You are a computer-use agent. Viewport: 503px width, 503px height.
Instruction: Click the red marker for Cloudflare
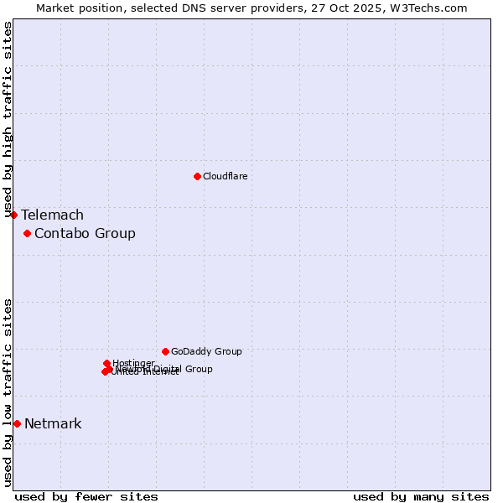coord(197,176)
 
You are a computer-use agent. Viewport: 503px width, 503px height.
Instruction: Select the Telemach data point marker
coord(13,215)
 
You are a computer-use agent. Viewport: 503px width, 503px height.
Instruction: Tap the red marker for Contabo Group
coord(27,233)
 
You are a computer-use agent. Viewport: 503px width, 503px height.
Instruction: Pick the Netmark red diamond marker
coord(17,423)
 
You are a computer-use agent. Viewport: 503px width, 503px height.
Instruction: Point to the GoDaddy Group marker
coord(165,351)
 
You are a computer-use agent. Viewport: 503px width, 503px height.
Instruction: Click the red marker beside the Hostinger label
coord(106,363)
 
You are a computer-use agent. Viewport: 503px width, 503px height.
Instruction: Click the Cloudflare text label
coord(225,176)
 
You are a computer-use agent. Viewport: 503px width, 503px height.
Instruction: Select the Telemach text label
coord(52,215)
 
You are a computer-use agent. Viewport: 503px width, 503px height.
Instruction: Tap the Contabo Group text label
coord(85,234)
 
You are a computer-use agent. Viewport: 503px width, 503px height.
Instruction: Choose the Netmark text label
coord(53,424)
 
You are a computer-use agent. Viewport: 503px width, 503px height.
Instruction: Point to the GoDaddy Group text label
coord(206,352)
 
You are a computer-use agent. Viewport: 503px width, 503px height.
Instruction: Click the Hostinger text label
coord(133,363)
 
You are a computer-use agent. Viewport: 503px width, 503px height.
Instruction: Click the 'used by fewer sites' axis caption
coord(86,497)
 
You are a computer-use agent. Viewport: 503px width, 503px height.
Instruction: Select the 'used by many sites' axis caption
coord(421,497)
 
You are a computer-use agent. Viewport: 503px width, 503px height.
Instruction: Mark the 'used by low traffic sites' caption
coord(8,392)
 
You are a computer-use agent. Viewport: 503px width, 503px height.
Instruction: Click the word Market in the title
coord(55,8)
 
